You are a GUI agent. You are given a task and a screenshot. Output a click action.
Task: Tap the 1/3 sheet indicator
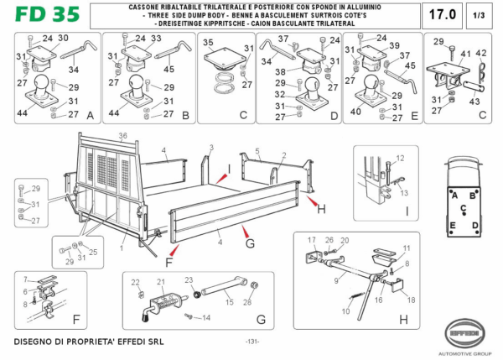(x=478, y=16)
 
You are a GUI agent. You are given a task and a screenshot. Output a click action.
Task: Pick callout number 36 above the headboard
(x=122, y=136)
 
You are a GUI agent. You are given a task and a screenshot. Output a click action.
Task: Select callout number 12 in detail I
(x=400, y=157)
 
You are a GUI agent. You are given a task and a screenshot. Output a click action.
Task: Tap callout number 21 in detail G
(x=160, y=282)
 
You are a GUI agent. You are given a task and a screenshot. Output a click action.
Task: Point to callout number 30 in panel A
(x=63, y=37)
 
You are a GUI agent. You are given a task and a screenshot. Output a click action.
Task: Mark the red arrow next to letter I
(x=224, y=178)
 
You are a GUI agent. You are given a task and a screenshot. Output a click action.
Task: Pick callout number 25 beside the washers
(x=93, y=252)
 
